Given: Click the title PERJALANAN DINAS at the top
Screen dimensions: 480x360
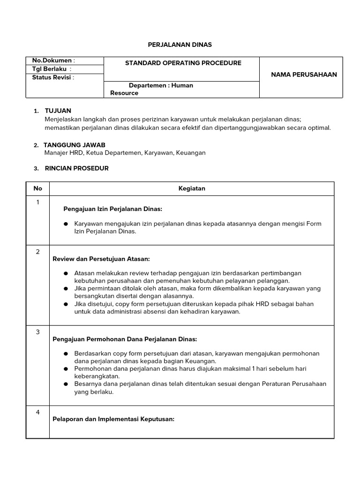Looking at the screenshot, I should click(x=180, y=45).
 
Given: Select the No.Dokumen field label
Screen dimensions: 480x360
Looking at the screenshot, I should click(x=53, y=60).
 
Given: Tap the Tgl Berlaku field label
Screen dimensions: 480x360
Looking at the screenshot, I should click(x=51, y=69).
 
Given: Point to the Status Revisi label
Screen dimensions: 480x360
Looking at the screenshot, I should click(x=53, y=77).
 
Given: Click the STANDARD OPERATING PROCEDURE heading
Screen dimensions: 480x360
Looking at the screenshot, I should click(x=183, y=63).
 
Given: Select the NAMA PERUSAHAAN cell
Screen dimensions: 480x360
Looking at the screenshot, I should click(x=304, y=75).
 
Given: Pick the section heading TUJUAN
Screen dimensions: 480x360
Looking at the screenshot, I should click(x=58, y=111).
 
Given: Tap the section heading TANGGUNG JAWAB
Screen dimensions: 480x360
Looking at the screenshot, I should click(x=75, y=145).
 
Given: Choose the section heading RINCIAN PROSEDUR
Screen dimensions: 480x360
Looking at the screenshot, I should click(x=76, y=168).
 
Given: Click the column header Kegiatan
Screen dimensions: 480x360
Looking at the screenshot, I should click(x=192, y=188).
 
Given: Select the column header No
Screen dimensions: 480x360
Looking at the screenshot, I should click(x=38, y=188).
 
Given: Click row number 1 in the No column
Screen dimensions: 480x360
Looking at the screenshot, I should click(x=38, y=202).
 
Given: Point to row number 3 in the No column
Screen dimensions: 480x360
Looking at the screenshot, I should click(x=38, y=332).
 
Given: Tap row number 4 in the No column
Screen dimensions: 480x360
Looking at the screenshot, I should click(x=38, y=412).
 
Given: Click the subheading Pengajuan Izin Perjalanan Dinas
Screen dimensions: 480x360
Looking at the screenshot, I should click(x=112, y=209).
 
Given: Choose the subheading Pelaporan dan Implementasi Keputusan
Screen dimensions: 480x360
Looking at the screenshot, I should click(x=113, y=419).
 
